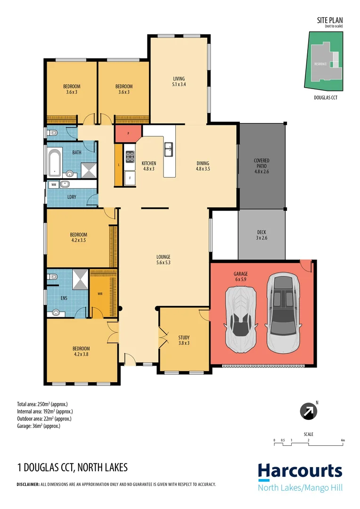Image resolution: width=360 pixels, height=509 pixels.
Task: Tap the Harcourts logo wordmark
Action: pos(300,471)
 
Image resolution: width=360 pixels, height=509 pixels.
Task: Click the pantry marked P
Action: pos(128,134)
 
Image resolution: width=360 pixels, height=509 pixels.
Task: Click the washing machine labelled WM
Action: pos(54,185)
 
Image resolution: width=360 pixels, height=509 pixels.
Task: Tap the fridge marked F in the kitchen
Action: pos(130,178)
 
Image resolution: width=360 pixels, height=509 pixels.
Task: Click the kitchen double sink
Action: pos(168,150)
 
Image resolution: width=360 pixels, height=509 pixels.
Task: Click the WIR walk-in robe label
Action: pos(99,293)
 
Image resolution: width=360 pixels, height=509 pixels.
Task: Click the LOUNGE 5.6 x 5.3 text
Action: pos(164,260)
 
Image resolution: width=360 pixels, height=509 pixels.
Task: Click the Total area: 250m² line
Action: pos(45,404)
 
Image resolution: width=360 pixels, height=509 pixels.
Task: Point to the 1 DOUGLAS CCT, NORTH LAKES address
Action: pos(72,468)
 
